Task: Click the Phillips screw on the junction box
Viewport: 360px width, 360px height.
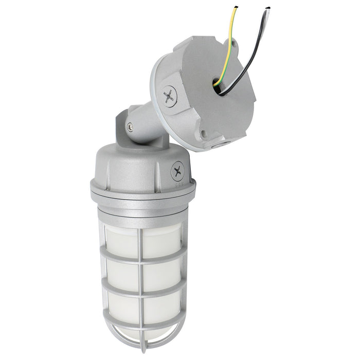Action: point(169,96)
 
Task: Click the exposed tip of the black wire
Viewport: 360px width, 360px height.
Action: point(268,8)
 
